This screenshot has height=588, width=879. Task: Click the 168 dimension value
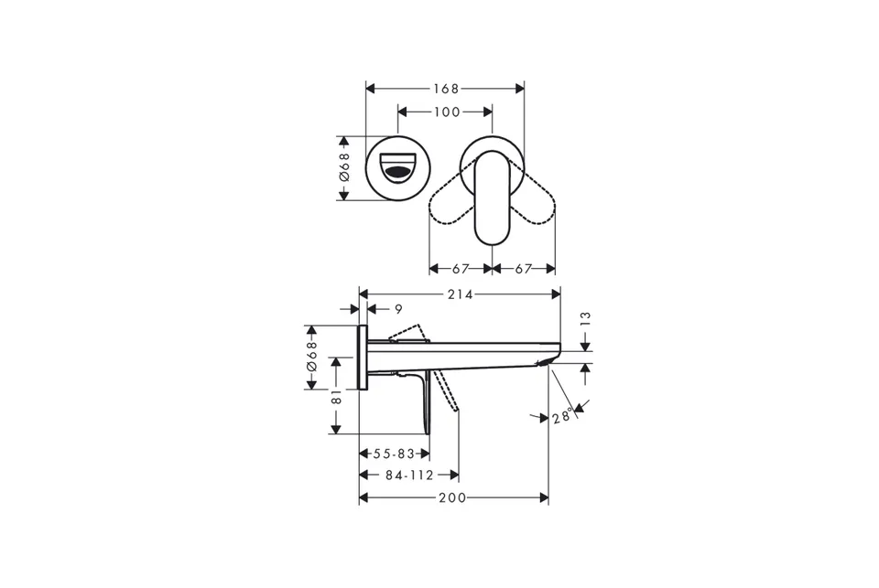point(446,89)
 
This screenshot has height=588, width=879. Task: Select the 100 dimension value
point(447,112)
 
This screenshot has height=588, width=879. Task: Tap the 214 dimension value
point(461,294)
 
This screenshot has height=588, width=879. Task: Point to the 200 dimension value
point(452,497)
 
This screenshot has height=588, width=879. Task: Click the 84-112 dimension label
point(409,476)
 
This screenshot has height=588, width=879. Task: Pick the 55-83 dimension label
point(394,453)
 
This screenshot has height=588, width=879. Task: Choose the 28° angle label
point(563,416)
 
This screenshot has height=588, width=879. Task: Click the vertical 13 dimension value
point(586,319)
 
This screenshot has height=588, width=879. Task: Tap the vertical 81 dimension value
point(336,397)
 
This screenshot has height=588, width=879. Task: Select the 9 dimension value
point(398,309)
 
